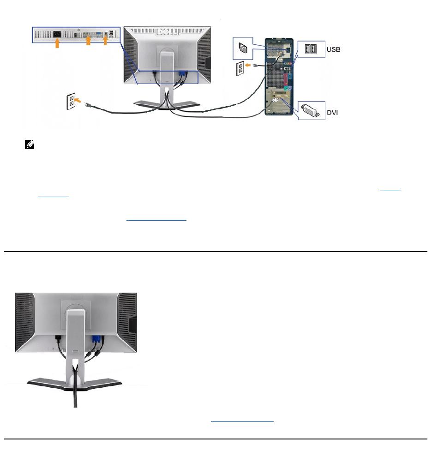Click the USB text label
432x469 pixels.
(x=333, y=49)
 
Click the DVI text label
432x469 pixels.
(x=332, y=112)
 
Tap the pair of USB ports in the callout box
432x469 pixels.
(x=310, y=48)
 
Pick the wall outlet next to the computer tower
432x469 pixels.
(x=240, y=69)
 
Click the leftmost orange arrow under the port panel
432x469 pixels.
(x=57, y=43)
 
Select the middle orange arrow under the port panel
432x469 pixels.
(x=88, y=41)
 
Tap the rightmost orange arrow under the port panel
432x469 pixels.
(x=105, y=41)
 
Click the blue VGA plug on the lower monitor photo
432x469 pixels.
(x=96, y=341)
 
